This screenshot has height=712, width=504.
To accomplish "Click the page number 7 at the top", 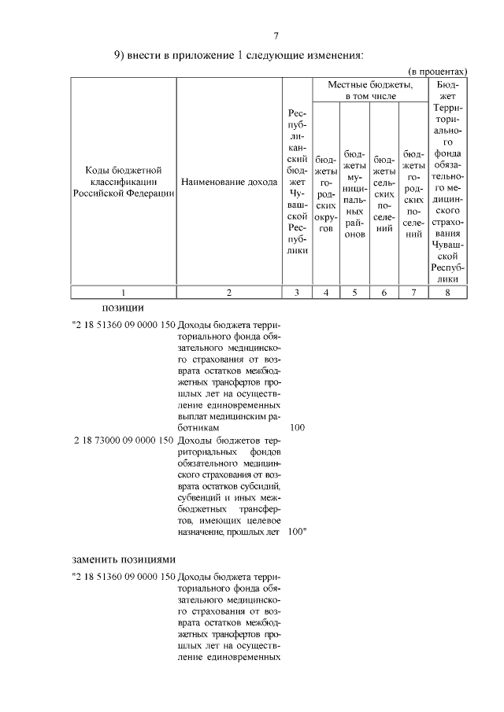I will pyautogui.click(x=276, y=36).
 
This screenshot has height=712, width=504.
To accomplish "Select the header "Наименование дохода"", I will pyautogui.click(x=228, y=182).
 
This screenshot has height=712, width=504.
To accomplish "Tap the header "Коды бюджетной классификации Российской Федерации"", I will pyautogui.click(x=123, y=182).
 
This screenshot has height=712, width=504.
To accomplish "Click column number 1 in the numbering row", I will pyautogui.click(x=123, y=293).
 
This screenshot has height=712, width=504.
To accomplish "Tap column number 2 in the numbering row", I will pyautogui.click(x=228, y=293).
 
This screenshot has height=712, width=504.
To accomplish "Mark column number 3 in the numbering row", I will pyautogui.click(x=296, y=293).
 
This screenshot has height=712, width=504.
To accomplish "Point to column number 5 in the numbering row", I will pyautogui.click(x=354, y=293).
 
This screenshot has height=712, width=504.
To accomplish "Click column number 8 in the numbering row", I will pyautogui.click(x=447, y=293).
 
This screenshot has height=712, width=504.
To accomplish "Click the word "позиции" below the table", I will pyautogui.click(x=123, y=307).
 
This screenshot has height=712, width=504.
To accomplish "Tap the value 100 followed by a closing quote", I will pyautogui.click(x=298, y=532).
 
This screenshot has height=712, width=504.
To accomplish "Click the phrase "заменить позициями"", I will pyautogui.click(x=123, y=559).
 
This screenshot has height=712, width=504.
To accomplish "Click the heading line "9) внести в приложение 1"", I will pyautogui.click(x=238, y=56).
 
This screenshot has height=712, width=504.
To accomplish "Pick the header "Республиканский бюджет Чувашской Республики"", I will pyautogui.click(x=296, y=182).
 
